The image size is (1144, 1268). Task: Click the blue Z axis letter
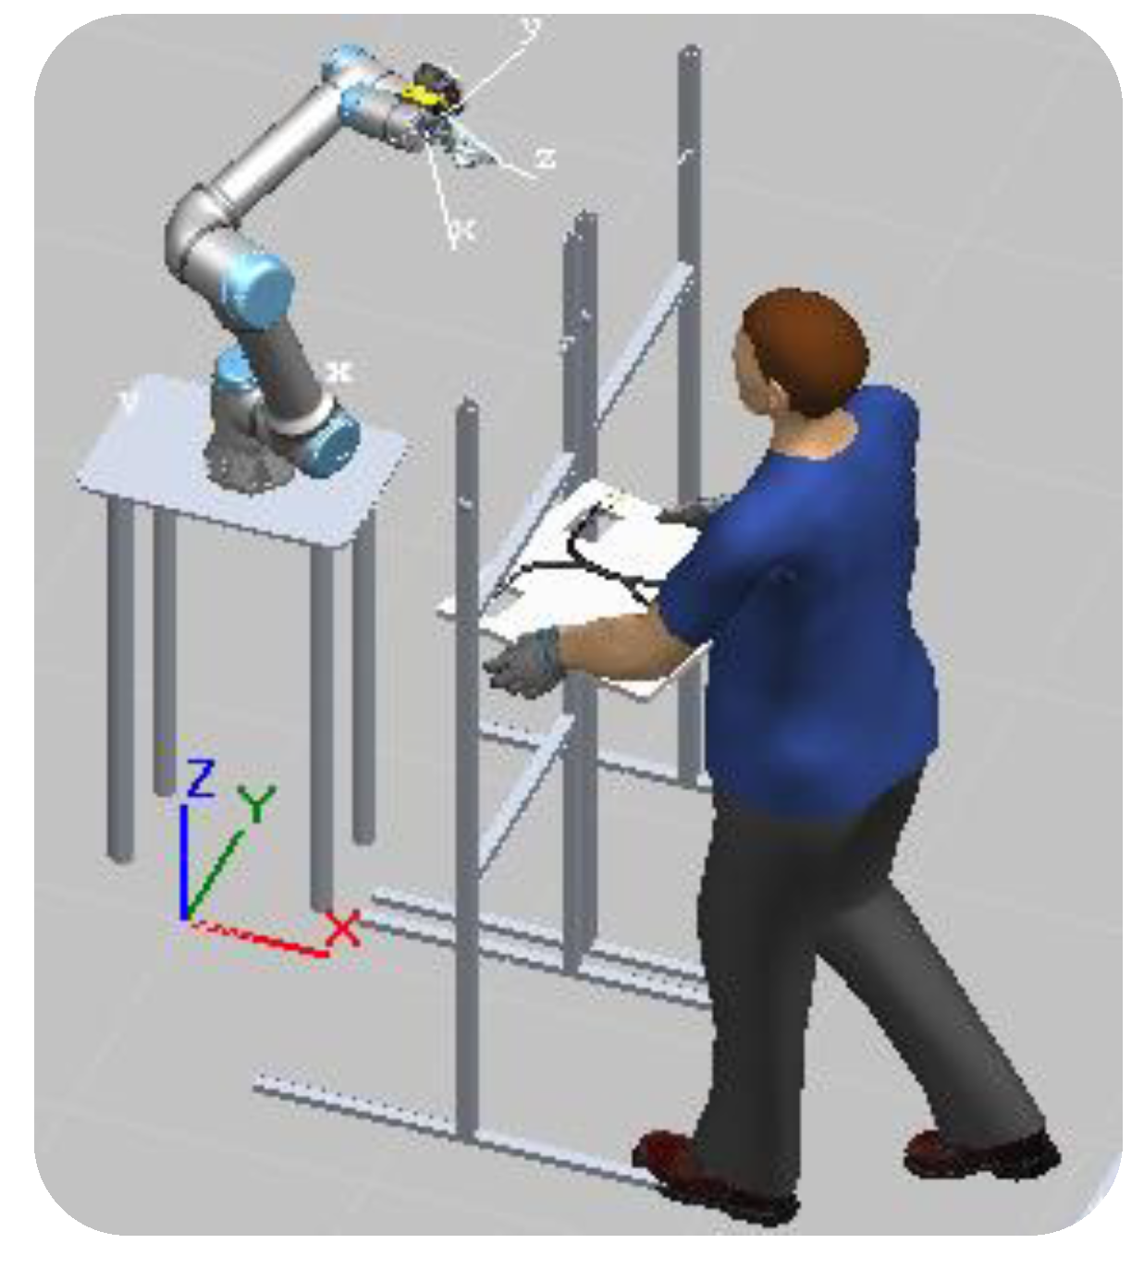(x=200, y=779)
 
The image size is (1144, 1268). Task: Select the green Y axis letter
(x=256, y=803)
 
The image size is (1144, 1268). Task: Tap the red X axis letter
(x=343, y=928)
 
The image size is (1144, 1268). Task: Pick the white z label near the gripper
(x=545, y=159)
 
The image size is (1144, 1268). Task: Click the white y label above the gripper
(x=530, y=28)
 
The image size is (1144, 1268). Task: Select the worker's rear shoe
(x=980, y=1155)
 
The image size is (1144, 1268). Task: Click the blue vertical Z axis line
(x=185, y=860)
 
